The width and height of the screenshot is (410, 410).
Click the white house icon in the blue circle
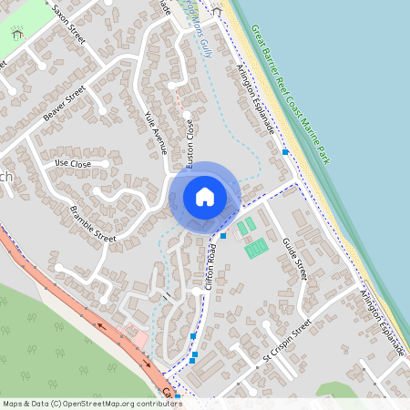(x=205, y=196)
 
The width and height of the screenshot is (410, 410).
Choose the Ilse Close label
(x=73, y=164)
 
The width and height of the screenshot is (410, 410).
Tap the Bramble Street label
(x=93, y=224)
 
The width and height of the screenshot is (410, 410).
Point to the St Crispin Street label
(x=287, y=340)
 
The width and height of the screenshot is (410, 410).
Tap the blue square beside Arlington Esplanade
(x=285, y=152)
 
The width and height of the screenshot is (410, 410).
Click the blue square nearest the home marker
(x=223, y=235)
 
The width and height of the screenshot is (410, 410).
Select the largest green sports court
(x=257, y=247)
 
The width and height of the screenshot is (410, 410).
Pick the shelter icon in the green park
(x=17, y=33)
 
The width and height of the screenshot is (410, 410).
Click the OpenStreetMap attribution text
(x=91, y=403)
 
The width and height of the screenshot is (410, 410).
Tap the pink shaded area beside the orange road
(x=139, y=339)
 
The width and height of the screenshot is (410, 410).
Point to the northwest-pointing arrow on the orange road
(x=97, y=322)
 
